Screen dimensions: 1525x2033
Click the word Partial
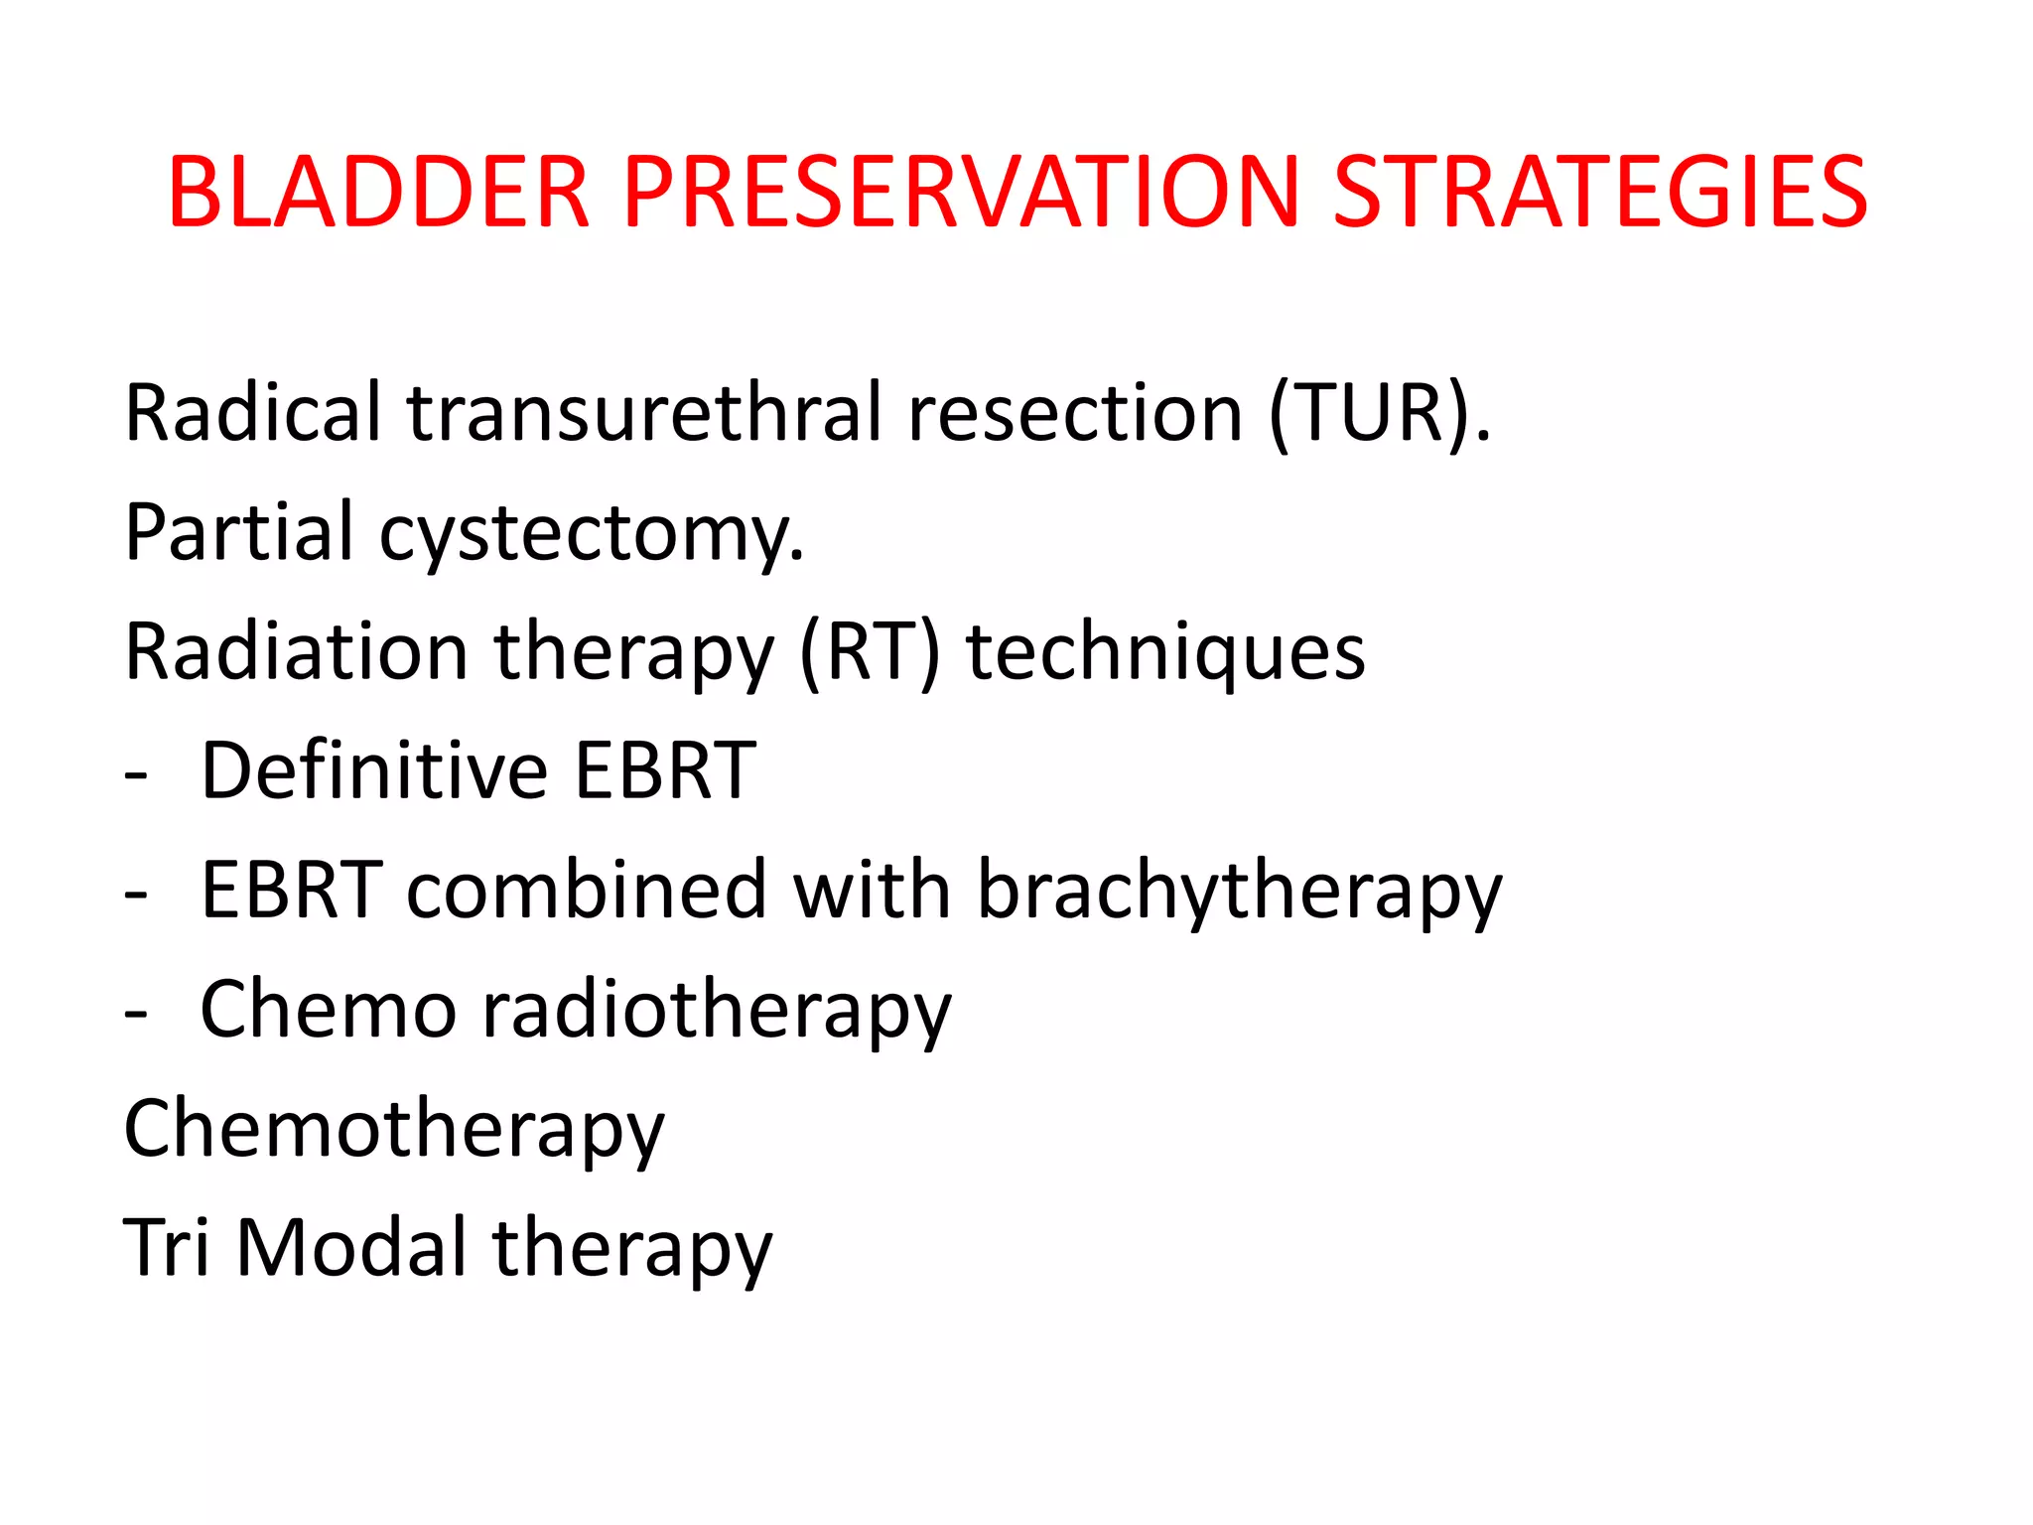coord(239,533)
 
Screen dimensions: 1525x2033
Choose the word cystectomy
coord(592,536)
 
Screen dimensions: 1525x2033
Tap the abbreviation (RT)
coord(870,652)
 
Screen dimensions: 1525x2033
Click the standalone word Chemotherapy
coord(393,1131)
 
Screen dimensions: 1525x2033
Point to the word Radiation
coord(296,652)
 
